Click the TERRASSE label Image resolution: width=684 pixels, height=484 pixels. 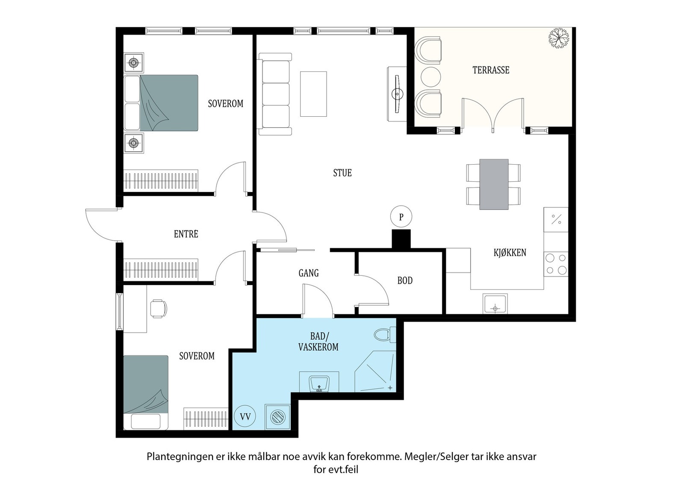pyautogui.click(x=491, y=70)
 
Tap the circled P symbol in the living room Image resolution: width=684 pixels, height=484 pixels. pyautogui.click(x=401, y=217)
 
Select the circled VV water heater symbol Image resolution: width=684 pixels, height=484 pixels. pyautogui.click(x=245, y=416)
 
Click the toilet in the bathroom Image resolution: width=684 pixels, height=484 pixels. pyautogui.click(x=384, y=334)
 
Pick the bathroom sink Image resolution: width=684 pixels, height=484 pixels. pyautogui.click(x=318, y=383)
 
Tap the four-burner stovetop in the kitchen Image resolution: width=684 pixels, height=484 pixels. pyautogui.click(x=556, y=264)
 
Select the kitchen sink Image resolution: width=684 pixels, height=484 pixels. pyautogui.click(x=495, y=304)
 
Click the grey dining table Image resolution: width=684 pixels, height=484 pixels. pyautogui.click(x=494, y=184)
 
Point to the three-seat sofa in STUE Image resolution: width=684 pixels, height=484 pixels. pyautogui.click(x=274, y=94)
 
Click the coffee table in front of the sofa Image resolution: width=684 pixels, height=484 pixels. pyautogui.click(x=313, y=94)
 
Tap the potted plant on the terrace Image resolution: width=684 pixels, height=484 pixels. pyautogui.click(x=559, y=38)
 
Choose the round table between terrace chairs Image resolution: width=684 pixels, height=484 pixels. pyautogui.click(x=430, y=77)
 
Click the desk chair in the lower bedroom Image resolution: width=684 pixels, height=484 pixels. pyautogui.click(x=159, y=308)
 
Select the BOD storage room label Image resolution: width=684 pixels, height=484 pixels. pyautogui.click(x=405, y=281)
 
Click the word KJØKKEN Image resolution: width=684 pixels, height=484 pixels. pyautogui.click(x=510, y=253)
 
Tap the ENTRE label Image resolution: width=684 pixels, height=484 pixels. pyautogui.click(x=186, y=234)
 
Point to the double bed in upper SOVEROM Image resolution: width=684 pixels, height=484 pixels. pyautogui.click(x=162, y=103)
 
